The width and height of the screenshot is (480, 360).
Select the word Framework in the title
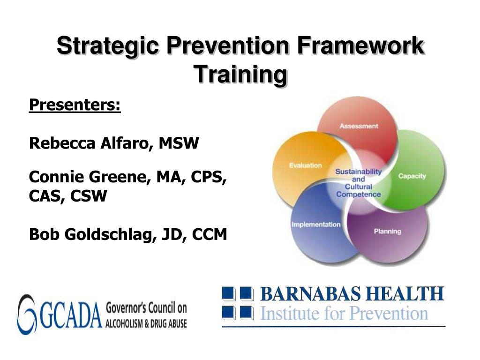tap(360, 45)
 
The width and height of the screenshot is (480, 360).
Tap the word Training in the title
tap(240, 75)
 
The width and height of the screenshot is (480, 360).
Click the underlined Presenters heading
tap(75, 105)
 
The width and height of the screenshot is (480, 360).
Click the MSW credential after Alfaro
tap(179, 143)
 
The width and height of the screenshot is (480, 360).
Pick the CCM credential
tap(210, 234)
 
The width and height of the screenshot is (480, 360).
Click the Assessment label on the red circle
tap(359, 126)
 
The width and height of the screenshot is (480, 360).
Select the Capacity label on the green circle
tap(412, 176)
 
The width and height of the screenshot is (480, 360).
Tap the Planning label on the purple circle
tap(388, 232)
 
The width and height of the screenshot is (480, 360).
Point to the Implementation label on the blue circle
tap(316, 225)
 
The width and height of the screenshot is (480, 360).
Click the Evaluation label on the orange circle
tap(306, 165)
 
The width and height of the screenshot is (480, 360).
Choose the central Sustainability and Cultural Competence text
tap(359, 183)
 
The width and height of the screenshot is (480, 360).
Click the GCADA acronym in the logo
tap(71, 315)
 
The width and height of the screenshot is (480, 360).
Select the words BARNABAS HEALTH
tap(352, 294)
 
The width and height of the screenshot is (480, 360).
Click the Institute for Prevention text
tap(344, 314)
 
